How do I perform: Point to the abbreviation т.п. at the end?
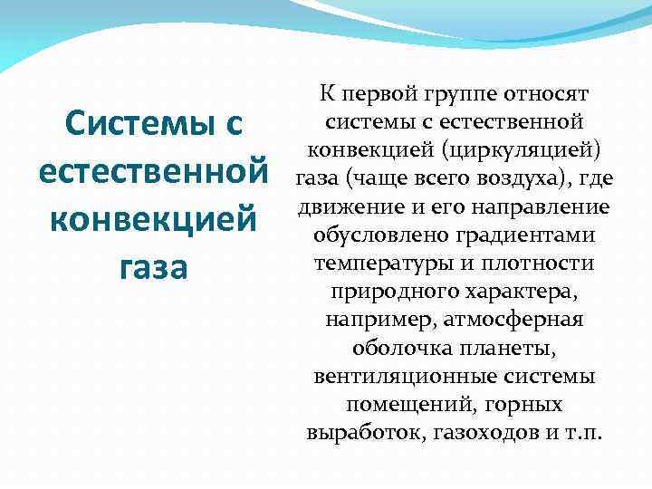tap(580, 434)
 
